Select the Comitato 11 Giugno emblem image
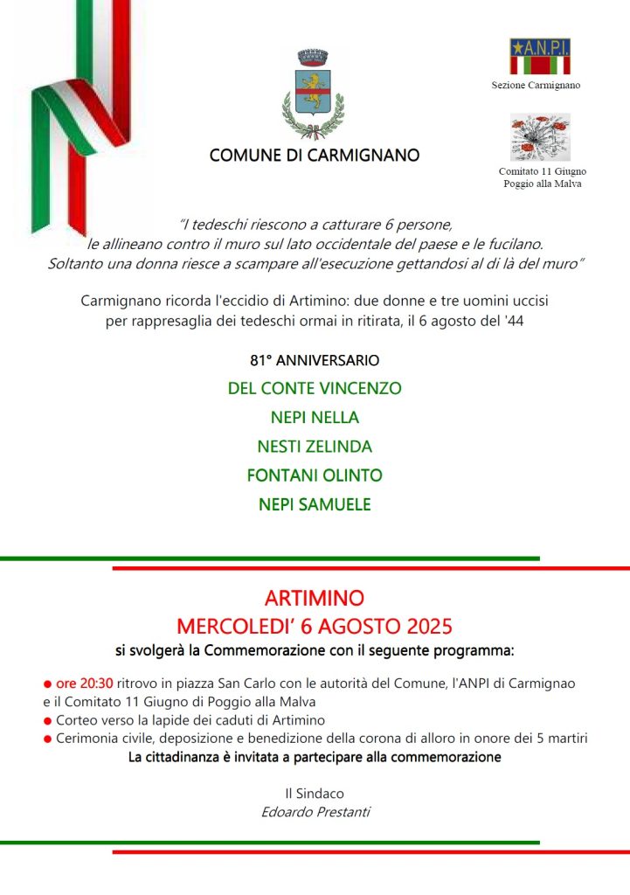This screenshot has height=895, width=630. [540, 137]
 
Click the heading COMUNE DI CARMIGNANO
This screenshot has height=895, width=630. [315, 156]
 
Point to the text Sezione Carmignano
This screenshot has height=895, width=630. [537, 86]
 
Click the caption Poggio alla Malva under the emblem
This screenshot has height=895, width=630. [542, 184]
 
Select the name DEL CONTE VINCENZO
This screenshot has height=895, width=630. [315, 388]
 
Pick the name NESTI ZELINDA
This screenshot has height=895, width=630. [315, 447]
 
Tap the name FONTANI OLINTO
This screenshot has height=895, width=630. [315, 475]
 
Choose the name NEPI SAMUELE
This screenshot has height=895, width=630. [315, 504]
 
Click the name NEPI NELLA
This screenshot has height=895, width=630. [315, 417]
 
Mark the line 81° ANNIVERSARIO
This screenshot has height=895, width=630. [315, 360]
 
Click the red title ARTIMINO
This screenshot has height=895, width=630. [315, 600]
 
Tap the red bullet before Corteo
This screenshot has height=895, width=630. [47, 721]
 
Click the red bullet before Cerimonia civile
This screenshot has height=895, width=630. [47, 739]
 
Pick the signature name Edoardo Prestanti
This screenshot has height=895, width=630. [315, 812]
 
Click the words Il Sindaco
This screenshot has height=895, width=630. [315, 794]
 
